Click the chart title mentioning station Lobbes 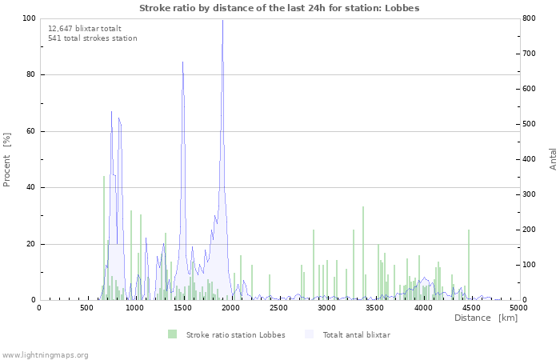(279, 8)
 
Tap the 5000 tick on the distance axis (518, 307)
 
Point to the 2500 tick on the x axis (278, 307)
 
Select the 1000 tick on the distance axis (134, 307)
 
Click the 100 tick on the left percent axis (29, 18)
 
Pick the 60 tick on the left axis (31, 131)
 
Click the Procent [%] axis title (7, 159)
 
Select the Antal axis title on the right (554, 158)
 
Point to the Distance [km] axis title (486, 318)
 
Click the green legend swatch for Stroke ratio (172, 334)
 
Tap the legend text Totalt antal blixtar (356, 335)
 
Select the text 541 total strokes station (92, 38)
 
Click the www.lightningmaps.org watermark (45, 354)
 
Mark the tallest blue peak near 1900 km (222, 22)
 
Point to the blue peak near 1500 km (182, 62)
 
